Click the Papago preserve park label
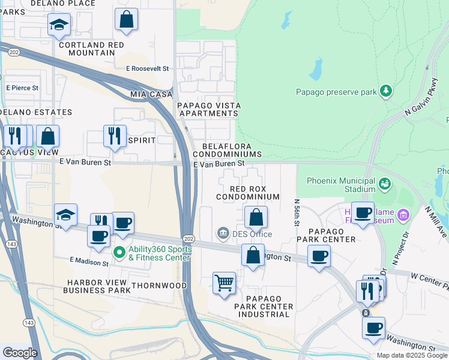click(336, 92)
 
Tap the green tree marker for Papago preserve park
click(386, 91)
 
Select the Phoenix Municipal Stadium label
click(341, 185)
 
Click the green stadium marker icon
click(385, 182)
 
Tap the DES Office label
click(252, 234)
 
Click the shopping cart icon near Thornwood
click(224, 281)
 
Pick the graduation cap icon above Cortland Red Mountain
click(59, 25)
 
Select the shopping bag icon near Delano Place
click(127, 19)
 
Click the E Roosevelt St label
click(147, 69)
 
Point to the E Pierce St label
click(22, 88)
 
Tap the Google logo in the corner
click(20, 353)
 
